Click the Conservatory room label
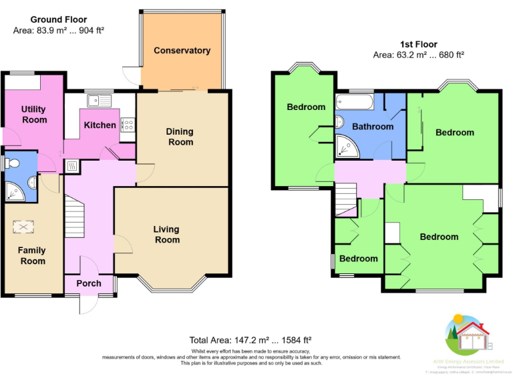pos(182,51)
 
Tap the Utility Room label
pos(34,114)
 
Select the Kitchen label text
pos(100,125)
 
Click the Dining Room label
pos(180,137)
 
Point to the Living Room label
pos(167,235)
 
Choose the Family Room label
pos(32,255)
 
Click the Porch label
pos(89,283)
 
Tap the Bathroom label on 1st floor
pos(373,127)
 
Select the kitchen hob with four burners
pos(128,125)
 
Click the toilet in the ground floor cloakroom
pos(11,163)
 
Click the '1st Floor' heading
pos(419,45)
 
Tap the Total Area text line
pos(251,340)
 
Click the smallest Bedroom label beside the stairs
pos(359,259)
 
